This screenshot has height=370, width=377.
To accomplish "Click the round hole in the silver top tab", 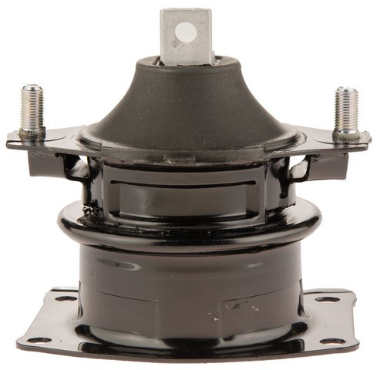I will pos(186,31).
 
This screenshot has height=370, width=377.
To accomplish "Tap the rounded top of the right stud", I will pos(345,91).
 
